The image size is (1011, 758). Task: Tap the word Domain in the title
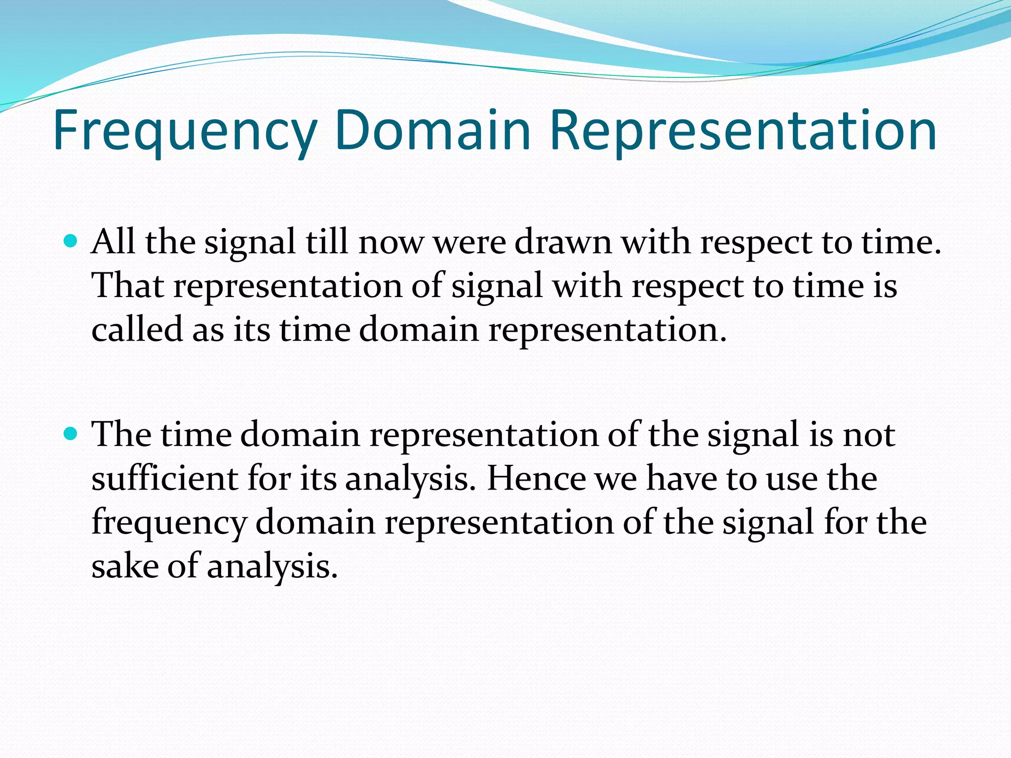tap(432, 131)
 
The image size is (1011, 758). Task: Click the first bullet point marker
tap(72, 242)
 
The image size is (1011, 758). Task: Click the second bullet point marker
tap(72, 434)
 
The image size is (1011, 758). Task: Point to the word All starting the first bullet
tap(113, 242)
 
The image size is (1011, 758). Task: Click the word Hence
tap(536, 478)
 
